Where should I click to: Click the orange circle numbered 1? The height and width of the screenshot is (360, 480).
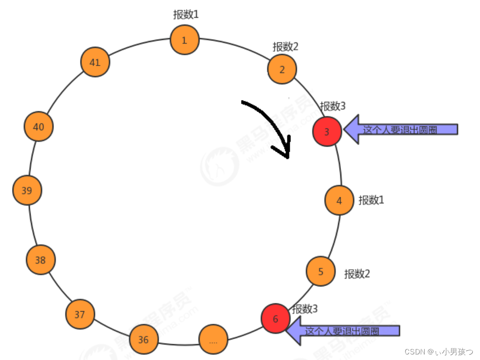[x=185, y=40]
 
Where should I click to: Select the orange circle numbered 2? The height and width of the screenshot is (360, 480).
[x=282, y=69]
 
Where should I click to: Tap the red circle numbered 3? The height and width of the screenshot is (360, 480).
[x=327, y=132]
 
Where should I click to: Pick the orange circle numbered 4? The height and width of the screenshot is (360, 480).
[x=339, y=200]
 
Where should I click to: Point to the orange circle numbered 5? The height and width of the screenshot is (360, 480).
[x=320, y=271]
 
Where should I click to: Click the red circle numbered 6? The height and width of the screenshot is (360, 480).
[x=275, y=319]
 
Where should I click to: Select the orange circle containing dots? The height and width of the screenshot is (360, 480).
[x=213, y=340]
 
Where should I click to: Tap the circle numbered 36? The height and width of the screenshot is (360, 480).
[x=144, y=340]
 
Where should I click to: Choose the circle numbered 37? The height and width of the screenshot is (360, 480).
[x=80, y=314]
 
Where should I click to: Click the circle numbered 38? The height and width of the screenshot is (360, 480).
[x=41, y=260]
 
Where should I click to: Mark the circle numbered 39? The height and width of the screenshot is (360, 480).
[x=27, y=190]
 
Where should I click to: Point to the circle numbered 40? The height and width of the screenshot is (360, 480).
[x=39, y=126]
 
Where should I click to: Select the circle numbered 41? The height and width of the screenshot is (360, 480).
[x=95, y=62]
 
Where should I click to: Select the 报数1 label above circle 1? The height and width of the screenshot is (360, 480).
[x=186, y=14]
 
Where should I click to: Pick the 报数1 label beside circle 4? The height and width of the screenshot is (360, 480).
[x=371, y=200]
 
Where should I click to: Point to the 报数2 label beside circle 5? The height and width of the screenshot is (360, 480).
[x=357, y=273]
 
